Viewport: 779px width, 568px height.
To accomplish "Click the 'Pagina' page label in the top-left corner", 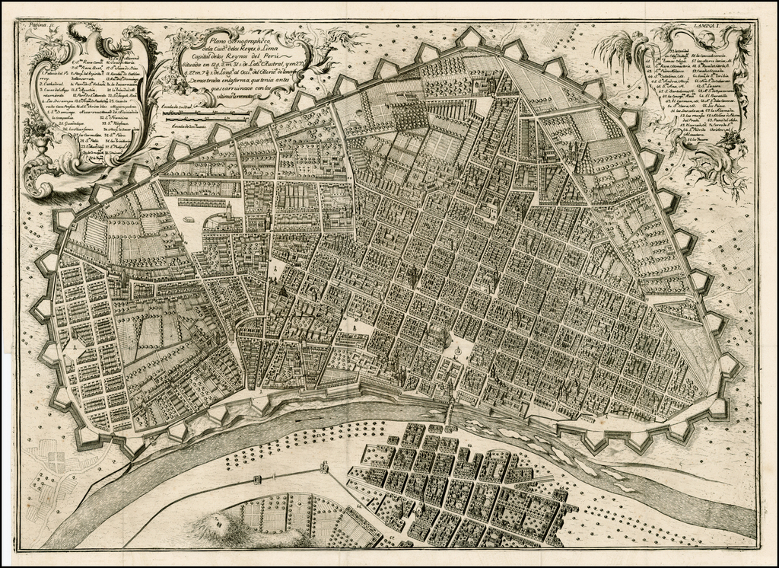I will (33, 25).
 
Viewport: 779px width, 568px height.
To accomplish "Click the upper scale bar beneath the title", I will (205, 111).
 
